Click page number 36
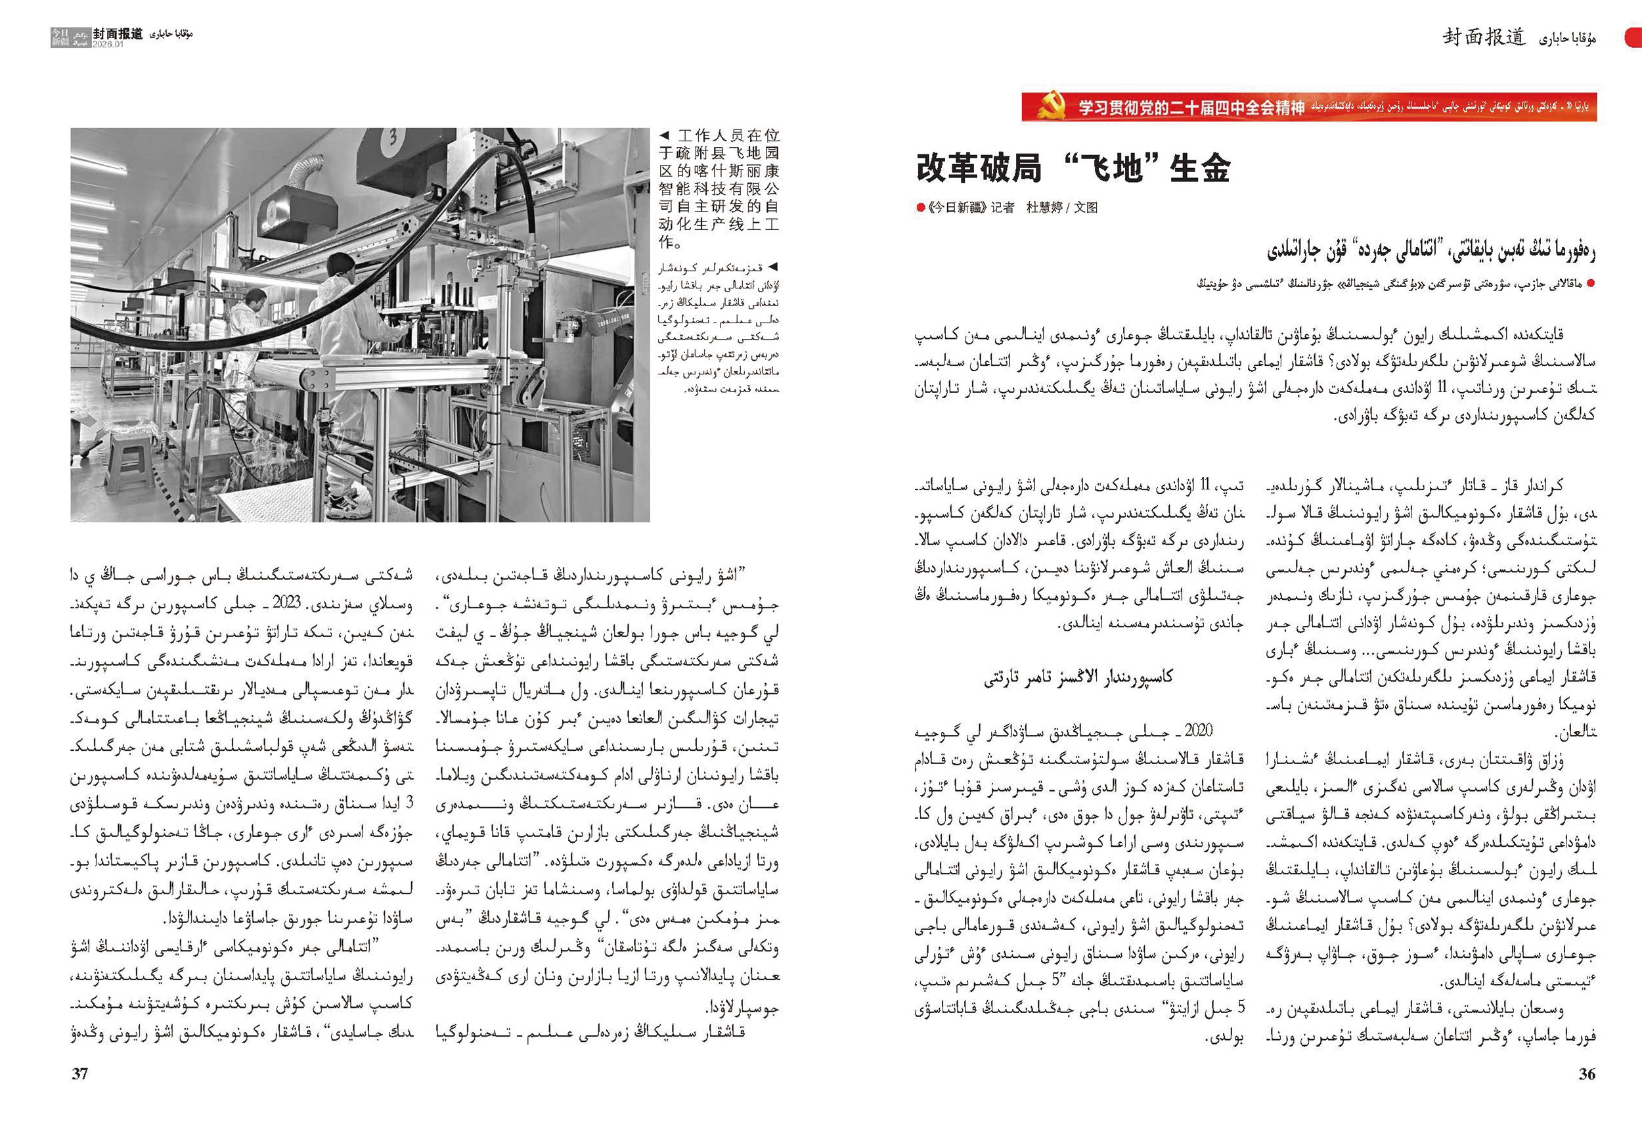1586,1074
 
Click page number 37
80,1074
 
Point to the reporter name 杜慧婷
1044,208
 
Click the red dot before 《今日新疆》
920,208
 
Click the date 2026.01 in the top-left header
108,44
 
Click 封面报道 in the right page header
1483,37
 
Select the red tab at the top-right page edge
1633,37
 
